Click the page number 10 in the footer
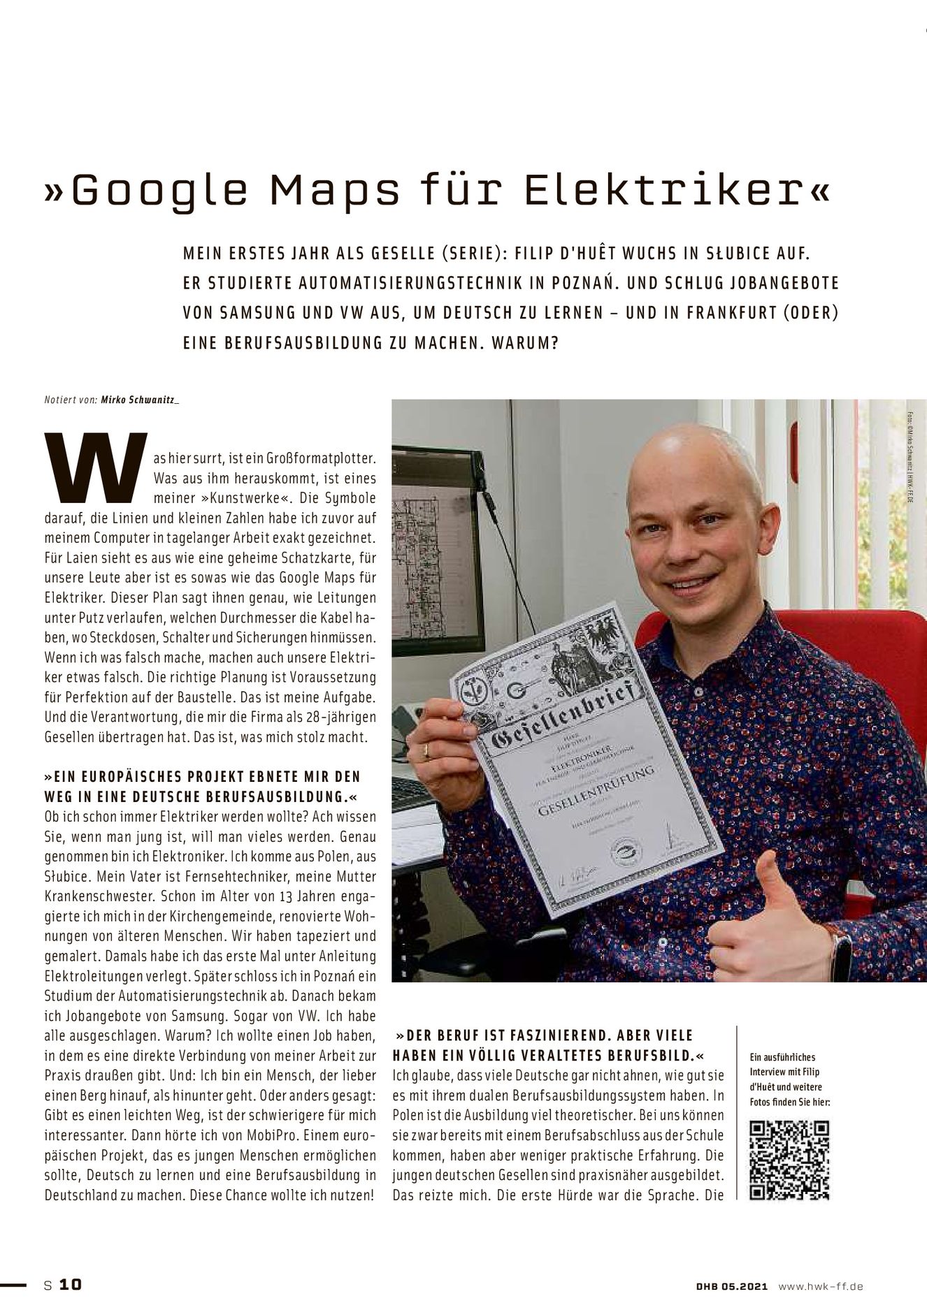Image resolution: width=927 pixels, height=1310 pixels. tap(70, 1284)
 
